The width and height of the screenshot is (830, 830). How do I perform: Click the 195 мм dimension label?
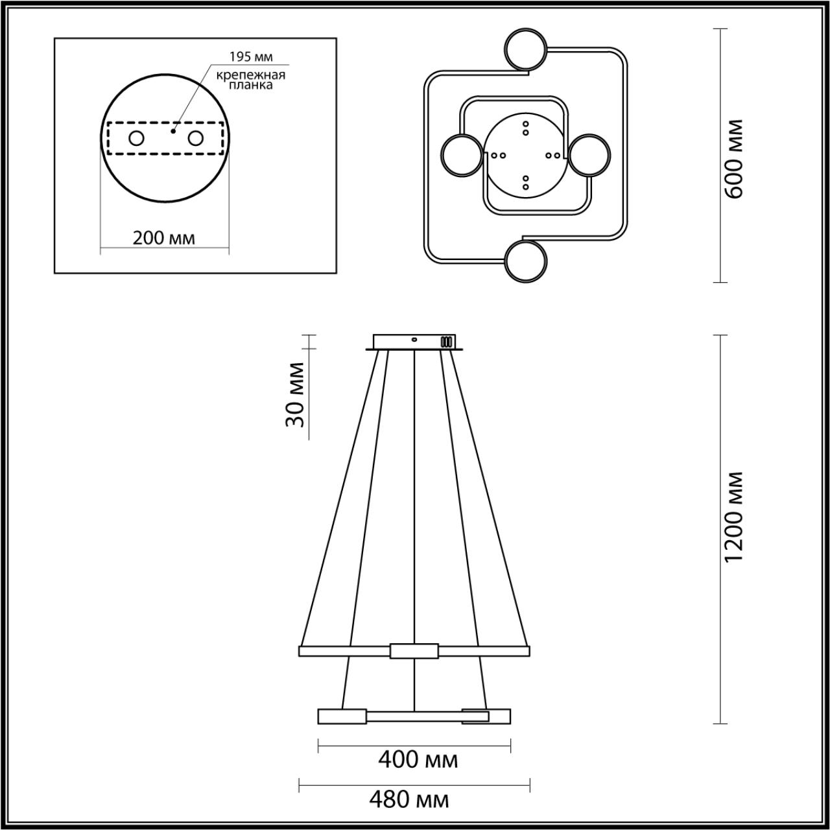251,56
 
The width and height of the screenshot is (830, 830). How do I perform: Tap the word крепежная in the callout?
251,75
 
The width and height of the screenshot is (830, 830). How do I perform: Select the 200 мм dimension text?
163,238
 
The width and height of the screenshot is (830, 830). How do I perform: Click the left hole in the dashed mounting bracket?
137,139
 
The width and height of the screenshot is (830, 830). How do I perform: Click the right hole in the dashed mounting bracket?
195,139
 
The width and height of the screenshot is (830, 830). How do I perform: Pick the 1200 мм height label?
734,516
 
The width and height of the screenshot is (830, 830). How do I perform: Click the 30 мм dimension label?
296,394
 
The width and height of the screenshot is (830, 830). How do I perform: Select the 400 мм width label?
418,760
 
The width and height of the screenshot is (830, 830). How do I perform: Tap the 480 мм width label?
409,800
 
